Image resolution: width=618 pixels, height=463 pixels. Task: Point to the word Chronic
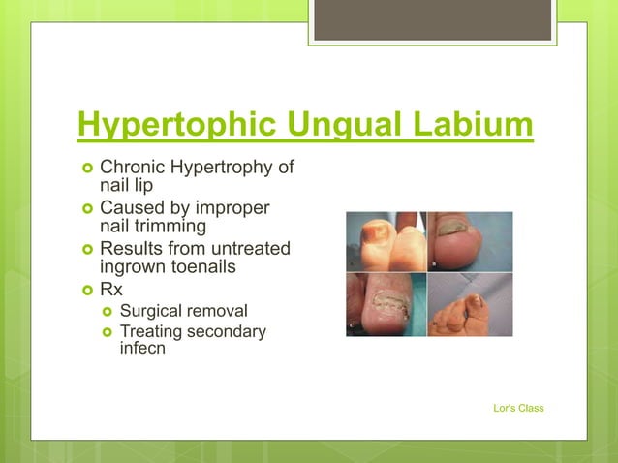coord(133,168)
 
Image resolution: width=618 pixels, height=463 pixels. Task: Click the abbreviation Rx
coord(111,290)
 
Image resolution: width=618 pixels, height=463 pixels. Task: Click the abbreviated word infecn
coord(142,348)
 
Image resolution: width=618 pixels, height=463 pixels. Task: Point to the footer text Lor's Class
coord(518,408)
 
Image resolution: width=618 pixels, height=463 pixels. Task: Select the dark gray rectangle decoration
coord(432,19)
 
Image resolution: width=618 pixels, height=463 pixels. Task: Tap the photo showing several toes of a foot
coord(471,305)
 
